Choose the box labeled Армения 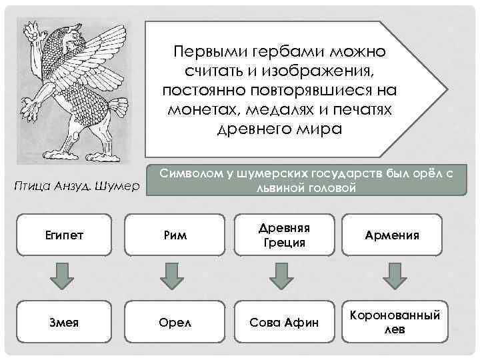coord(392,235)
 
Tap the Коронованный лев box coord(392,323)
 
